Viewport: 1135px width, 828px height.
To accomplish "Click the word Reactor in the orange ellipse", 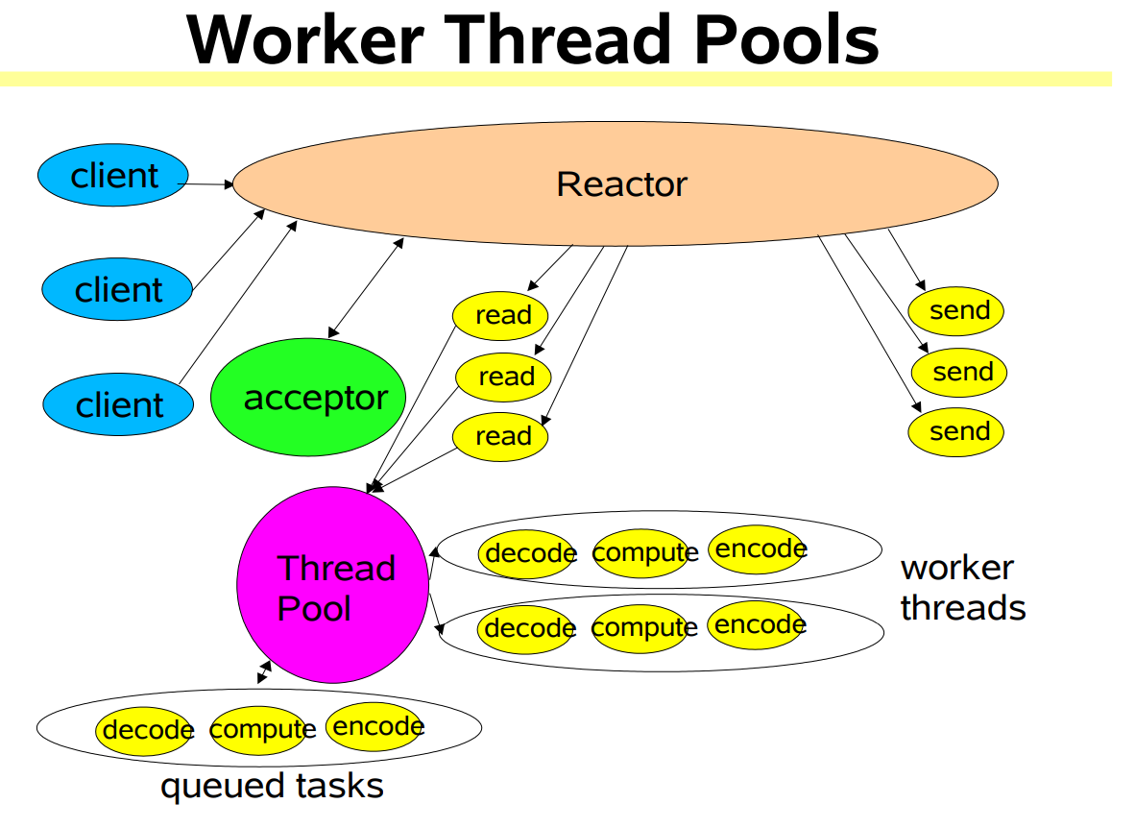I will (621, 183).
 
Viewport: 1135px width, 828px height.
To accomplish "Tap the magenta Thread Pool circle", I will (332, 585).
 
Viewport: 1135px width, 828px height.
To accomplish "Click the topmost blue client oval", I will (113, 176).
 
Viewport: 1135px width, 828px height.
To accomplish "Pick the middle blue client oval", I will (117, 289).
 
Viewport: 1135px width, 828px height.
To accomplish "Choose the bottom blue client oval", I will (117, 404).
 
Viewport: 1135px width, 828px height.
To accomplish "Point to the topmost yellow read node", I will (500, 315).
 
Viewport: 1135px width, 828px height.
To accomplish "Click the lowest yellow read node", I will (500, 436).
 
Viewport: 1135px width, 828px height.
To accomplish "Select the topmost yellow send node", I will (956, 310).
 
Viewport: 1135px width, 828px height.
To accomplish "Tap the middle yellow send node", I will (959, 372).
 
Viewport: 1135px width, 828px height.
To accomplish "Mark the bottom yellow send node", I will (956, 431).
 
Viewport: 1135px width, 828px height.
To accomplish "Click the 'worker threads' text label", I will (961, 587).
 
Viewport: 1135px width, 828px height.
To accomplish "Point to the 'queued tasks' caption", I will (272, 786).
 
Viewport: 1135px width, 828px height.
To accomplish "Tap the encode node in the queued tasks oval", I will (375, 726).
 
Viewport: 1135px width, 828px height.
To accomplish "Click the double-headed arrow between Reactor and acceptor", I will (365, 288).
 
